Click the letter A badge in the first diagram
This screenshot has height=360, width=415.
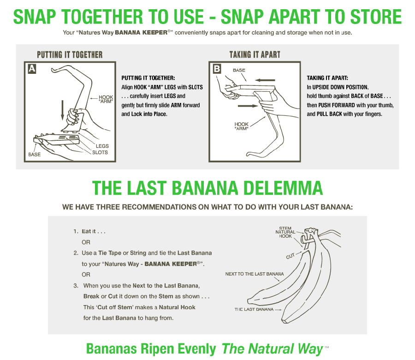[32, 69]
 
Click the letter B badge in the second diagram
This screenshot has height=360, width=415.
[217, 69]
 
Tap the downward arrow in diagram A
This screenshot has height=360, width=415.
[62, 110]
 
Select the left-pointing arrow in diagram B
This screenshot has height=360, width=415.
[265, 80]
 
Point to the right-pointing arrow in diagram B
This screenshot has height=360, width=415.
[248, 106]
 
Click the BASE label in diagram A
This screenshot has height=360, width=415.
[35, 155]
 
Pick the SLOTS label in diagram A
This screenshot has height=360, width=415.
[100, 152]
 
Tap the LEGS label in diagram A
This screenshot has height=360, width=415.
[102, 146]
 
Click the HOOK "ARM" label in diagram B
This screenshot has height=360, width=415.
[241, 126]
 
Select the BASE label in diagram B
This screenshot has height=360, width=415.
[239, 70]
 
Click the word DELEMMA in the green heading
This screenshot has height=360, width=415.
[283, 188]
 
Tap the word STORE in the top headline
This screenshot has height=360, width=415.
[376, 17]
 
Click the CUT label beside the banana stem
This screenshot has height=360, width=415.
[290, 256]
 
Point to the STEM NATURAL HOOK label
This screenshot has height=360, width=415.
[285, 232]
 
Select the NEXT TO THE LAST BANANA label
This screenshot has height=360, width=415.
[255, 274]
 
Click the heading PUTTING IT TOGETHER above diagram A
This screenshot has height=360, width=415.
[70, 55]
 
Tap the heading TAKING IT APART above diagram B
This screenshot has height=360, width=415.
[255, 55]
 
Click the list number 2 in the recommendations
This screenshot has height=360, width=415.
[76, 253]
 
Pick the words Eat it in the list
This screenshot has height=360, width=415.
[89, 231]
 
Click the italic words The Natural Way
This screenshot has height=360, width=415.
[273, 349]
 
